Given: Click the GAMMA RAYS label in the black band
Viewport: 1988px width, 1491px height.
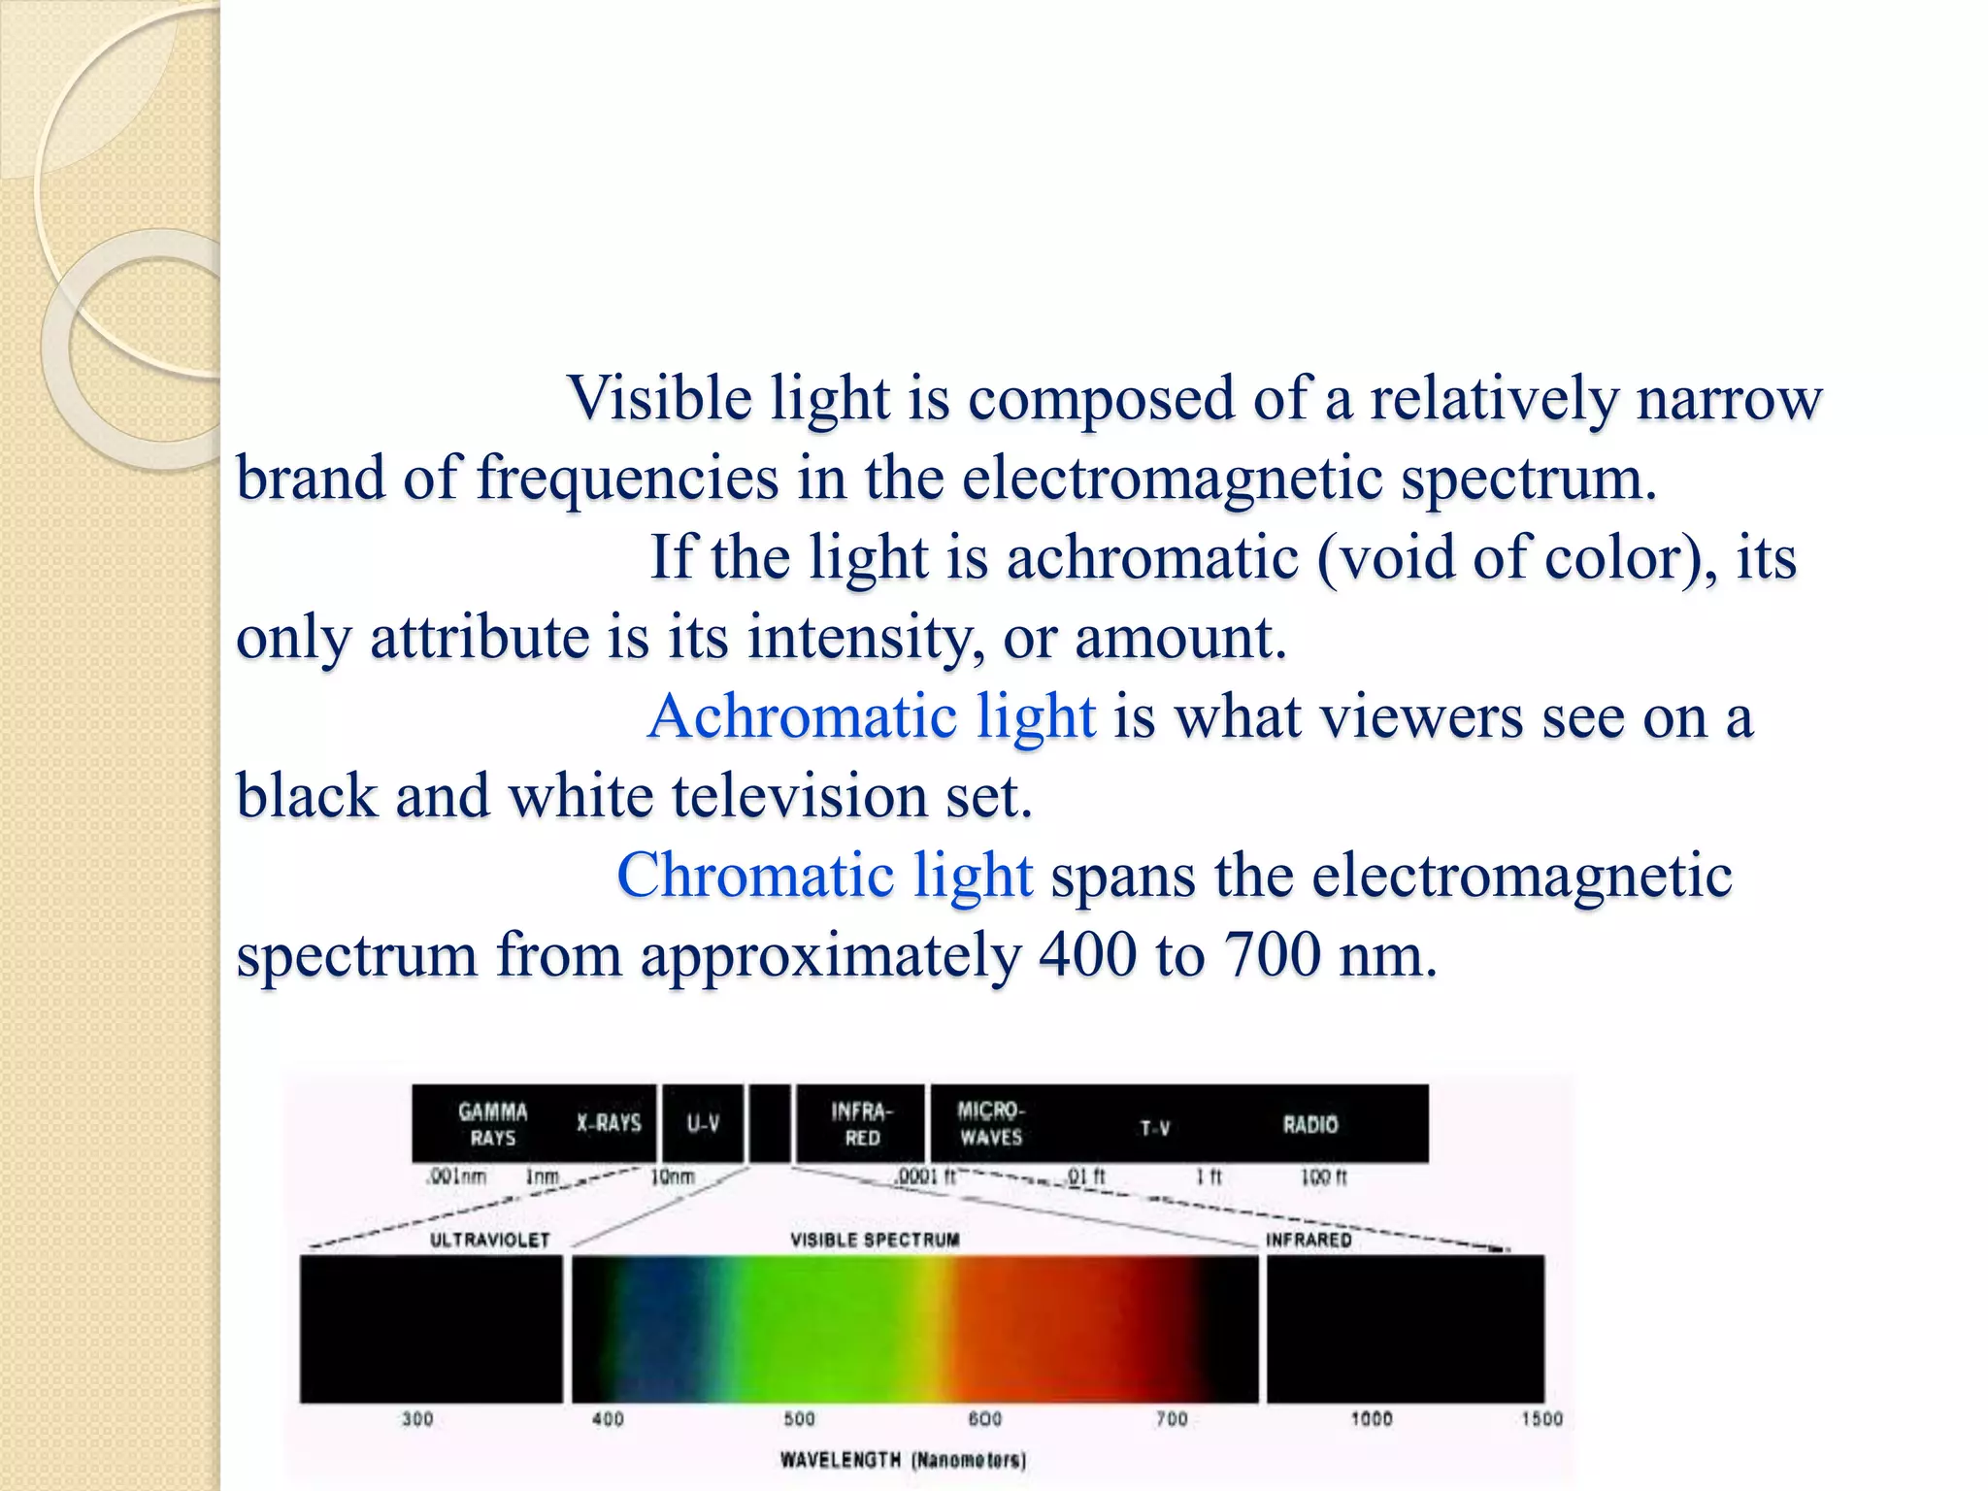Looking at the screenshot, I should pos(493,1124).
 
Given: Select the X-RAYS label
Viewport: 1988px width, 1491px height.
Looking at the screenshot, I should pos(609,1123).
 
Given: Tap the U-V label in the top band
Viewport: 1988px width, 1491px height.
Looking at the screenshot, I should pos(703,1124).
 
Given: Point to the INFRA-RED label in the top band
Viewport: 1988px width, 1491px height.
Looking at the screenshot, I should pos(861,1124).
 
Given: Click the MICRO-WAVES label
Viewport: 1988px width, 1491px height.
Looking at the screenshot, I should pos(990,1123).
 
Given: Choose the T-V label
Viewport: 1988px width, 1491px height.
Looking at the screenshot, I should pos(1154,1128).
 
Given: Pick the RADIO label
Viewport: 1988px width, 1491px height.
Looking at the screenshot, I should pos(1309,1125).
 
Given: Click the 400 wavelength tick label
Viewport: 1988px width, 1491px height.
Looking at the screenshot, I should pos(608,1419).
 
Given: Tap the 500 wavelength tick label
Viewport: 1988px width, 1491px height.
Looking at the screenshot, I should pos(799,1419).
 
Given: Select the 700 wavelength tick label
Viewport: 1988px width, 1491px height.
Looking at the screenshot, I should pos(1172,1419).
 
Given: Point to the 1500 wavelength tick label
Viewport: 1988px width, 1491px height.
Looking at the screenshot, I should pos(1541,1419).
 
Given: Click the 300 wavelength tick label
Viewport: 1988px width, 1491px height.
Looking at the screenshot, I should pos(417,1419).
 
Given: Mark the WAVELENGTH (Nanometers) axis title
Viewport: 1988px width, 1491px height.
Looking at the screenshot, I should pos(903,1459).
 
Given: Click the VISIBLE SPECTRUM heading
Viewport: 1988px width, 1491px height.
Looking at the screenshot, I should pos(875,1240).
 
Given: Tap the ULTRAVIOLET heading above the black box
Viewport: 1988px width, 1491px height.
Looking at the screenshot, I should pos(489,1241).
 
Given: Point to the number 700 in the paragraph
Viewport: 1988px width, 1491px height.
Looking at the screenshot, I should pos(1272,955).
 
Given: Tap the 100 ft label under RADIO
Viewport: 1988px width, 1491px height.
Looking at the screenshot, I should pos(1324,1177).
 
